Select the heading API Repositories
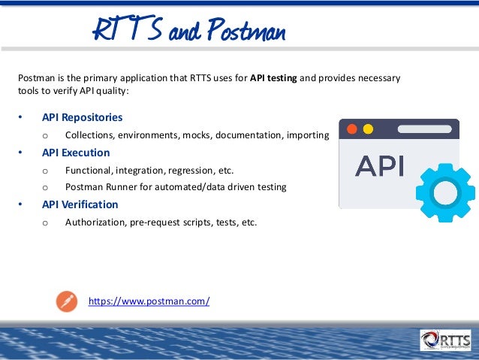[82, 117]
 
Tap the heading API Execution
[76, 153]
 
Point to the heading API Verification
[80, 204]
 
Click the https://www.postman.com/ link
[149, 301]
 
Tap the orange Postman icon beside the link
[67, 301]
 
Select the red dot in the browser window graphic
[351, 129]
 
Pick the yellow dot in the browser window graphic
[368, 129]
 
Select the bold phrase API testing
[273, 78]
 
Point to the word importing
[306, 135]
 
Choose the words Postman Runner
[98, 186]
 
